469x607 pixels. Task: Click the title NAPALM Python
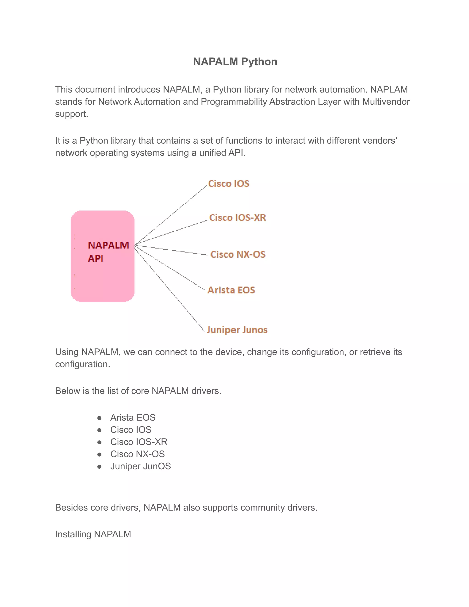pos(235,62)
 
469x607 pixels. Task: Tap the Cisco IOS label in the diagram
pos(229,184)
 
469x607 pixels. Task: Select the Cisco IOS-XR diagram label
pos(237,218)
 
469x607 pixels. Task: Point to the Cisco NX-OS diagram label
pos(238,254)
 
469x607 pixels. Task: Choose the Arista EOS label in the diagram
pos(231,290)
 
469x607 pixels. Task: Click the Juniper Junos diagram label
pos(237,330)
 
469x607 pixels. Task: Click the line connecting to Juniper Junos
pos(169,288)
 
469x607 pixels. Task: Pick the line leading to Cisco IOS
pos(171,215)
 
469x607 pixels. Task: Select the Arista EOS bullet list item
pos(133,417)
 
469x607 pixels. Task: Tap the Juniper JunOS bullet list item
pos(140,466)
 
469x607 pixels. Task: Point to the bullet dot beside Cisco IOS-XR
pos(99,442)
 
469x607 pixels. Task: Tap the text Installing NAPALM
pos(93,534)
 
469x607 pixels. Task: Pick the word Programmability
pos(234,102)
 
